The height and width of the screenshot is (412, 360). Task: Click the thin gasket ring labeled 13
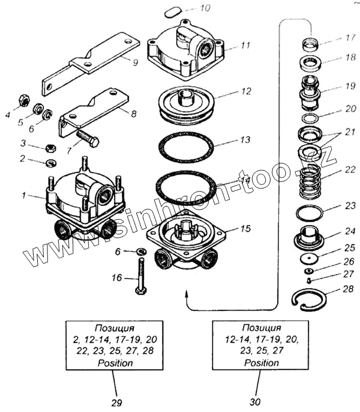[x=186, y=146]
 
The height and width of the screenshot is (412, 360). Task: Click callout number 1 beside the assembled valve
[x=23, y=195]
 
